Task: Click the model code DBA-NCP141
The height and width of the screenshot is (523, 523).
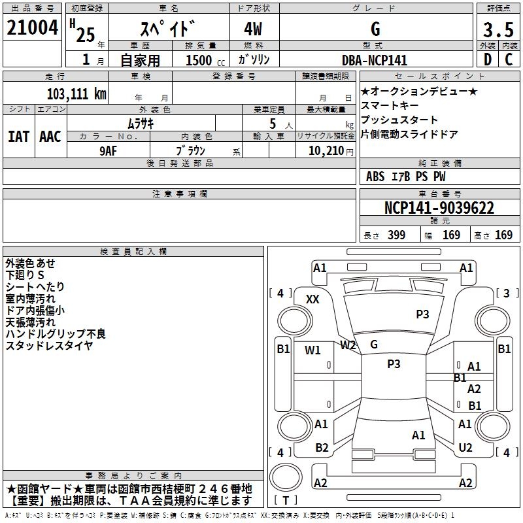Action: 375,60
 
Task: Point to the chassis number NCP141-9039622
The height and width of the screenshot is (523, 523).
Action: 439,209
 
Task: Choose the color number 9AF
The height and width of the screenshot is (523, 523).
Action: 109,150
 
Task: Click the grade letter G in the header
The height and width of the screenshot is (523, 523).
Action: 375,29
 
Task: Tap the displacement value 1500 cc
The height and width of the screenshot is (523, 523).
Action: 199,60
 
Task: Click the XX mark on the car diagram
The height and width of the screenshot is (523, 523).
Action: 312,299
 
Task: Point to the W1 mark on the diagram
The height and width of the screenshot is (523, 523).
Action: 312,350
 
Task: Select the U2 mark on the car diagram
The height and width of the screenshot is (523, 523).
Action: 465,448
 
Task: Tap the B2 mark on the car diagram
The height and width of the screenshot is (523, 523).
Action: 322,448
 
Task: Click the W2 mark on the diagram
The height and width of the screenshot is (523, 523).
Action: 348,345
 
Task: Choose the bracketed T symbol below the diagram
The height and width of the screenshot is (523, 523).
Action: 286,500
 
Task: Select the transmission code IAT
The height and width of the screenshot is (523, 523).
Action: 18,137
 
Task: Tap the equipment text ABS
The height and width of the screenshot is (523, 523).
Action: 375,177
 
